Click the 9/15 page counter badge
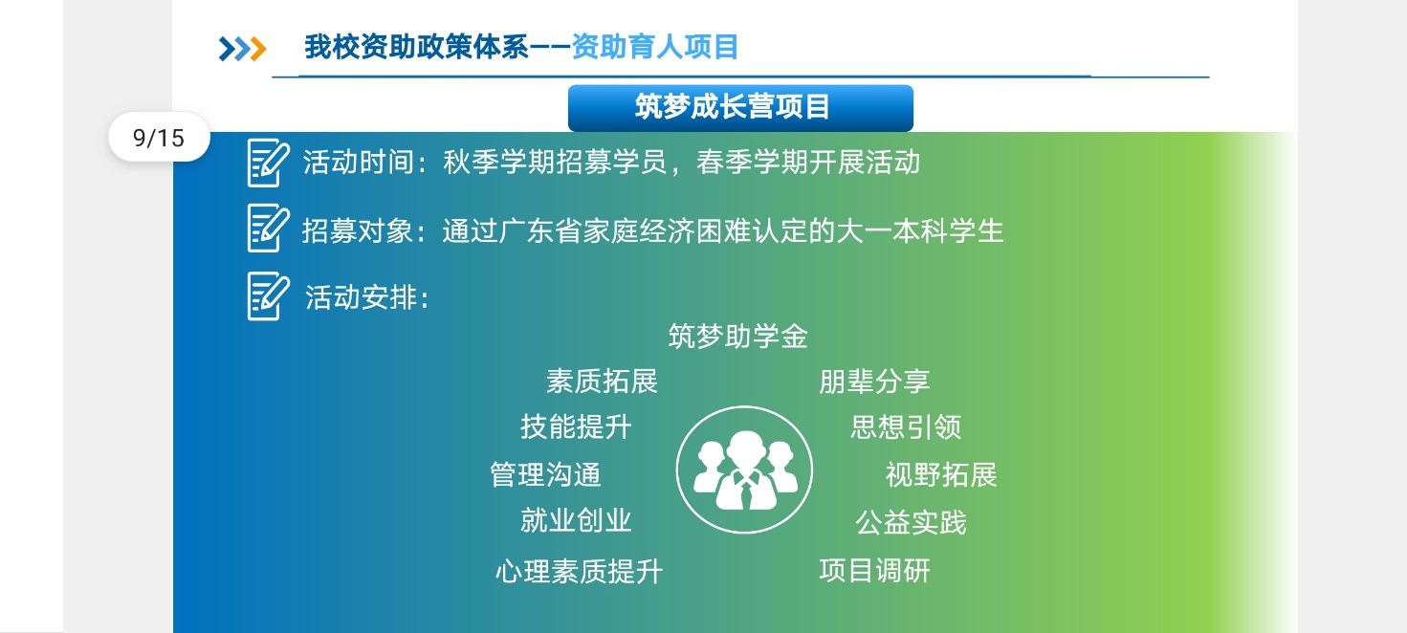click(x=159, y=138)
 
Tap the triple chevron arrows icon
click(x=242, y=49)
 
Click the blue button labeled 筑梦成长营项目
click(x=740, y=107)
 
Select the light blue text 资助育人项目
click(x=655, y=47)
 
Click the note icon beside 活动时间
click(x=268, y=163)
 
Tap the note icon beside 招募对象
click(x=268, y=228)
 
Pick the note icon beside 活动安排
click(x=268, y=295)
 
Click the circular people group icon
click(x=744, y=469)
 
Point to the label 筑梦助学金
click(x=738, y=337)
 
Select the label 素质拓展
click(x=602, y=382)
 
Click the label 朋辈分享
click(x=874, y=382)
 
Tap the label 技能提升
click(x=576, y=427)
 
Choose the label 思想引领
click(x=907, y=427)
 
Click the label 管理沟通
click(x=545, y=474)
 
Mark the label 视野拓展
click(x=941, y=474)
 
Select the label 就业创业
click(x=576, y=520)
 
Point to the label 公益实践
click(x=911, y=522)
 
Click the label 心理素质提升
click(x=579, y=572)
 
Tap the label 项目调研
click(x=874, y=570)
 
